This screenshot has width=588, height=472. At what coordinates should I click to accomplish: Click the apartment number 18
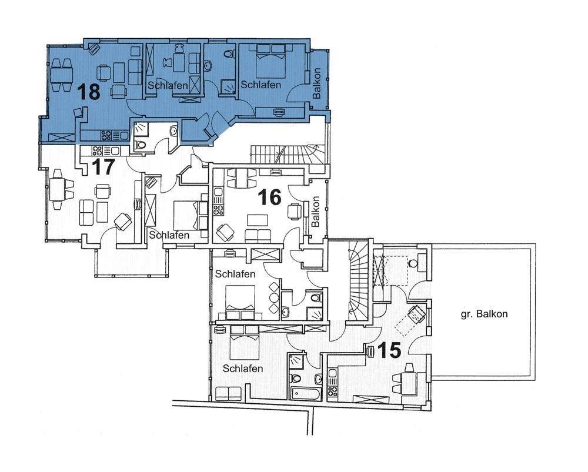(x=89, y=92)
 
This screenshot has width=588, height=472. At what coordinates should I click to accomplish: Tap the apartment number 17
(x=103, y=166)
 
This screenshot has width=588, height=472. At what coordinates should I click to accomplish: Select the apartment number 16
(x=270, y=197)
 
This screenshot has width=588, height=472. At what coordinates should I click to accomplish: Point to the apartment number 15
(x=389, y=350)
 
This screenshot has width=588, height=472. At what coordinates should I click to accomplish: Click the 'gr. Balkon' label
(x=484, y=314)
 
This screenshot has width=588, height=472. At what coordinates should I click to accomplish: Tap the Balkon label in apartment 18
(x=317, y=83)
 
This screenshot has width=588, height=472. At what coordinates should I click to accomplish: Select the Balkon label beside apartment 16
(x=315, y=212)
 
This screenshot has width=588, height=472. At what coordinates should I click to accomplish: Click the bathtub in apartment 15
(x=305, y=394)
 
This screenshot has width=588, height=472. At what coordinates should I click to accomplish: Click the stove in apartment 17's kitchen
(x=97, y=150)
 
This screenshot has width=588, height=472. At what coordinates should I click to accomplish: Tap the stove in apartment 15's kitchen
(x=332, y=391)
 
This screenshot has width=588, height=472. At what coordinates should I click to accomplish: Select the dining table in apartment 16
(x=241, y=178)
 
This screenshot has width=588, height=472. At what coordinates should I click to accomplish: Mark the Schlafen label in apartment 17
(x=169, y=235)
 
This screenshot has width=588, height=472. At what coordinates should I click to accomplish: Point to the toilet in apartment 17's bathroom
(x=141, y=145)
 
